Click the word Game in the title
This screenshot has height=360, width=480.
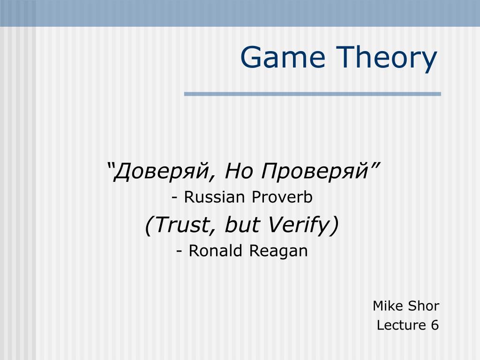pyautogui.click(x=283, y=57)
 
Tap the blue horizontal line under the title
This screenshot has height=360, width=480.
pyautogui.click(x=312, y=94)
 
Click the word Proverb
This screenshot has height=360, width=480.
pyautogui.click(x=282, y=197)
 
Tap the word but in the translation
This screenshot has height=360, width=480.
pyautogui.click(x=242, y=225)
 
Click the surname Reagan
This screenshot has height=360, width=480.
pyautogui.click(x=278, y=252)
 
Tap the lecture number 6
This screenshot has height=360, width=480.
pyautogui.click(x=435, y=325)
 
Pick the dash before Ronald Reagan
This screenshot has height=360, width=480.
pyautogui.click(x=180, y=252)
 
